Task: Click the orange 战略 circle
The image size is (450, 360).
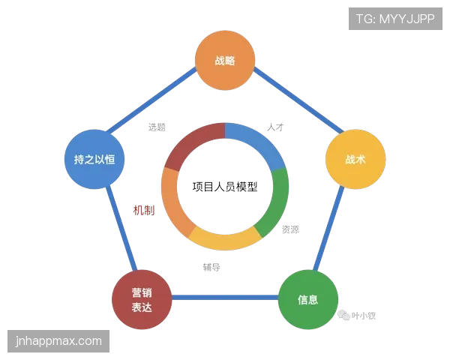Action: click(225, 60)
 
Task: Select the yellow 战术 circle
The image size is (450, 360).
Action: click(355, 159)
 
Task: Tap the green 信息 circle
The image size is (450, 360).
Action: click(308, 299)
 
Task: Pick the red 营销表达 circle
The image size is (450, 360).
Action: click(142, 299)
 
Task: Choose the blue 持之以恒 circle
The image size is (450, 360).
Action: click(94, 159)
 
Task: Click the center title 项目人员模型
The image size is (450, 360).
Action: click(225, 187)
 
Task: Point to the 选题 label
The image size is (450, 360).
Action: click(157, 127)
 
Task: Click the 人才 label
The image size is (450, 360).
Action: click(275, 127)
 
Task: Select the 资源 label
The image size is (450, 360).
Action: click(290, 229)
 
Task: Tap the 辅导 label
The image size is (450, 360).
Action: click(211, 267)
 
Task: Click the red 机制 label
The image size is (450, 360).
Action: click(144, 211)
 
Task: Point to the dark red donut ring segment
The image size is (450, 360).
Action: click(192, 142)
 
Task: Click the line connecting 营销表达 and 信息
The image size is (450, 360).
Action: click(225, 298)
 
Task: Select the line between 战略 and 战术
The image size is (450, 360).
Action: click(298, 100)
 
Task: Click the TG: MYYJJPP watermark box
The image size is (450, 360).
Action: click(395, 19)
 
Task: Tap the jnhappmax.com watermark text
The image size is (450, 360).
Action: click(58, 341)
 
